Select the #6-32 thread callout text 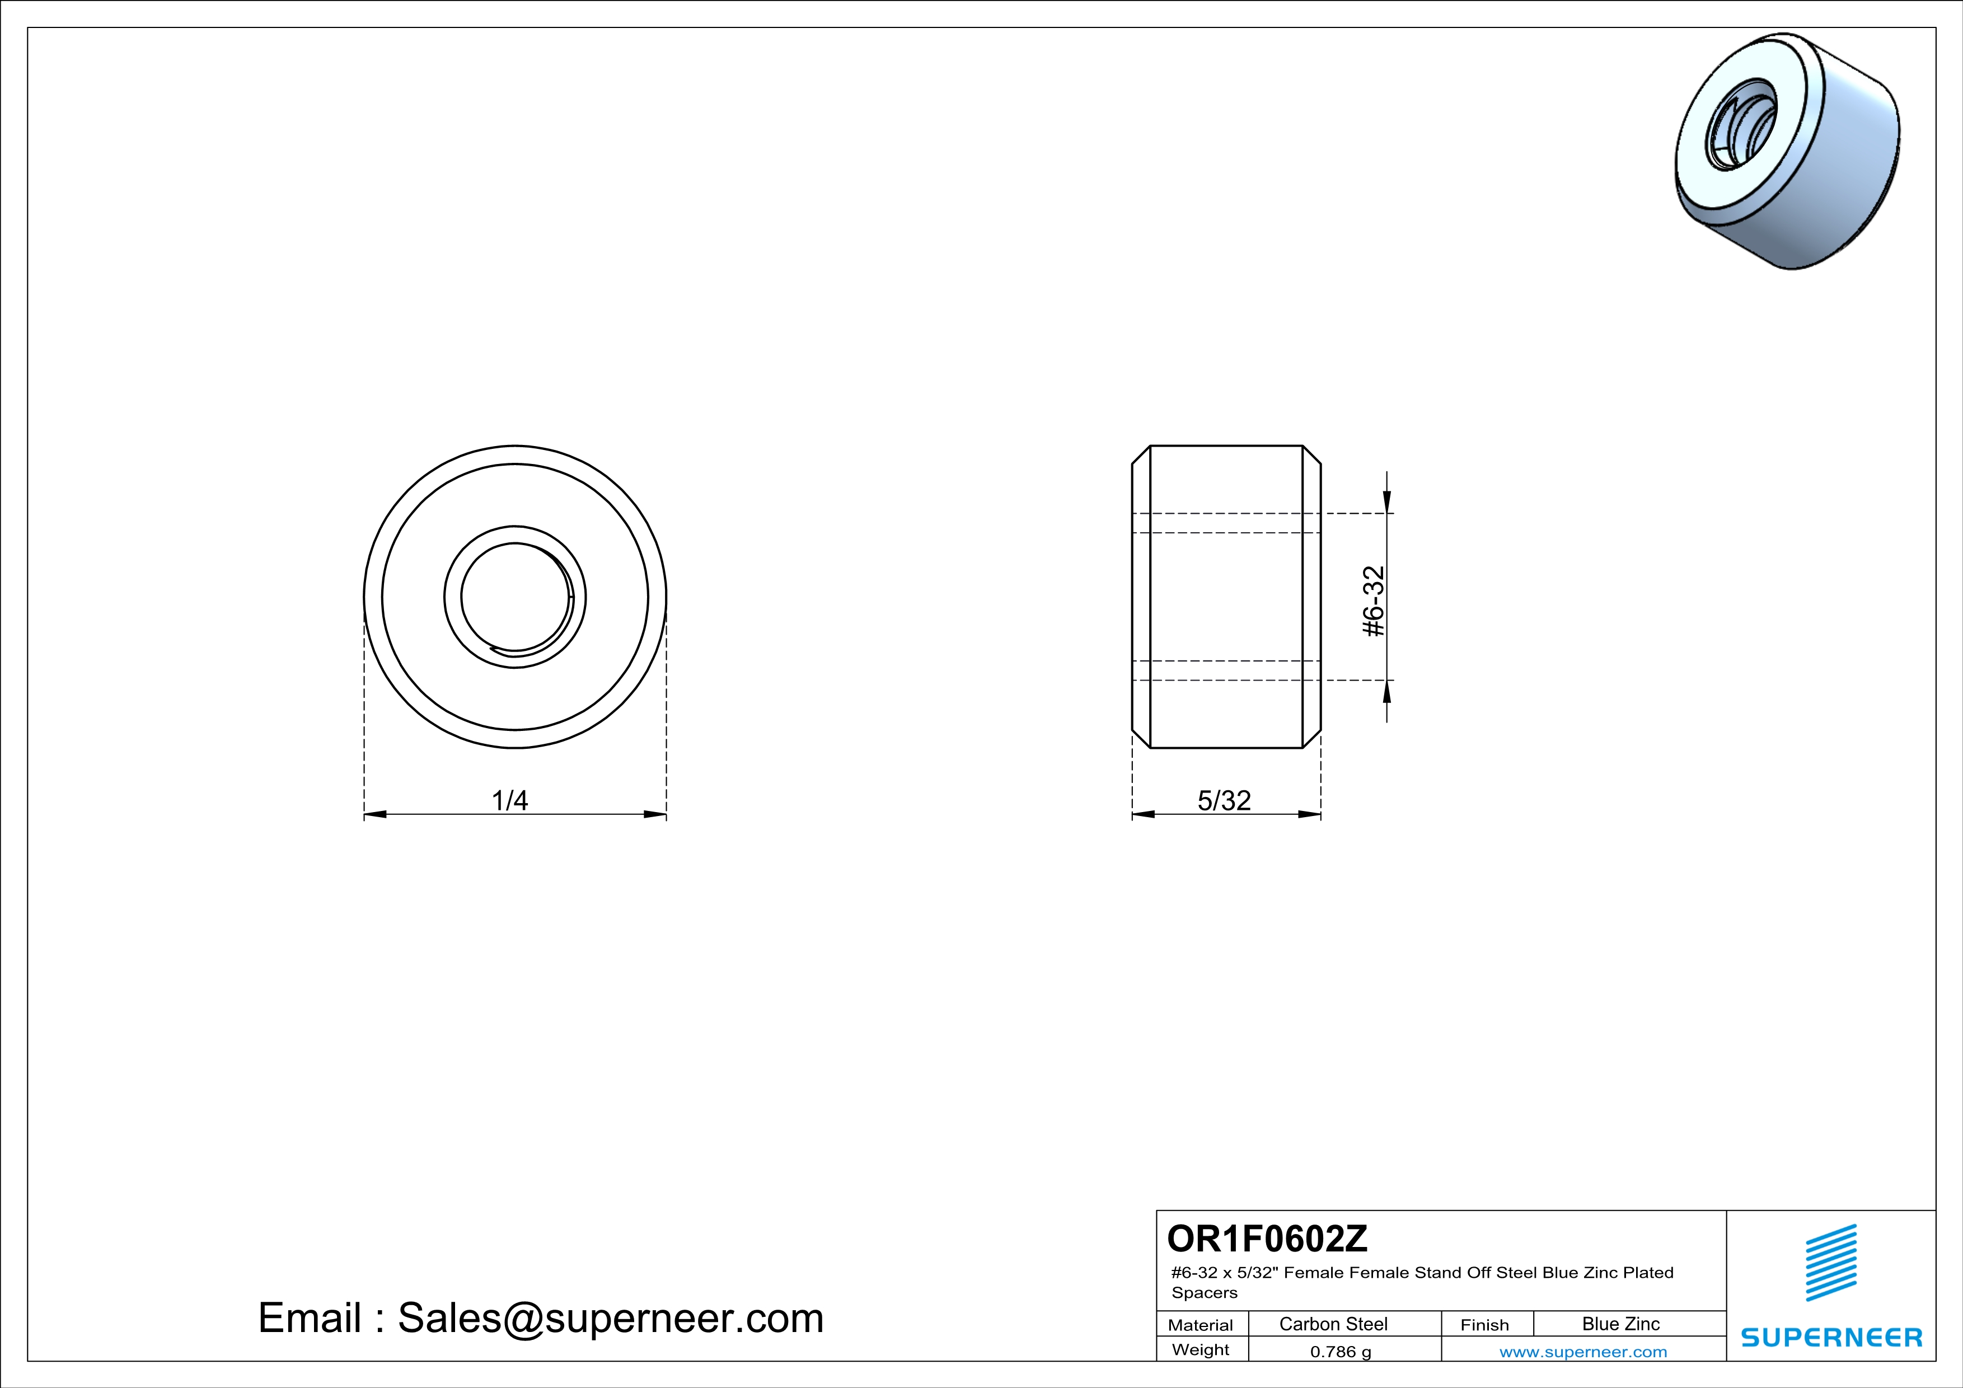(1373, 601)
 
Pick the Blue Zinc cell (1621, 1324)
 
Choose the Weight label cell (1201, 1349)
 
